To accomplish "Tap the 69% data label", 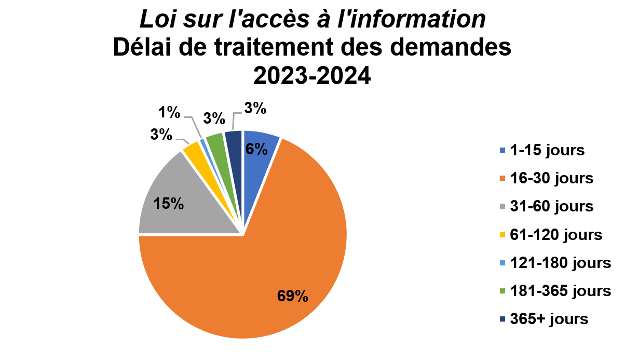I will [293, 296].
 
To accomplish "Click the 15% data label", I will [169, 204].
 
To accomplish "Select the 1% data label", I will [170, 112].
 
